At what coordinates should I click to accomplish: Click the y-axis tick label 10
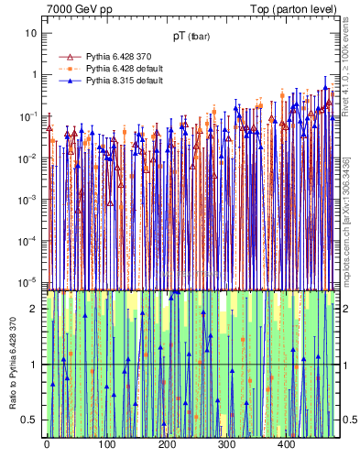(31, 33)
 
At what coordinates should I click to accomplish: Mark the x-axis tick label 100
(106, 443)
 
